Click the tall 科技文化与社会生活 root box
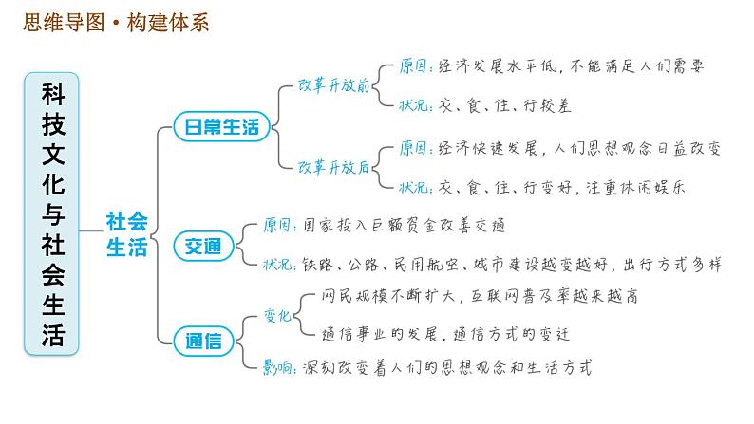click(x=53, y=213)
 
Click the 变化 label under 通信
click(x=276, y=317)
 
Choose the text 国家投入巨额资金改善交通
click(x=405, y=226)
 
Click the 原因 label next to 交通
click(x=281, y=226)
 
